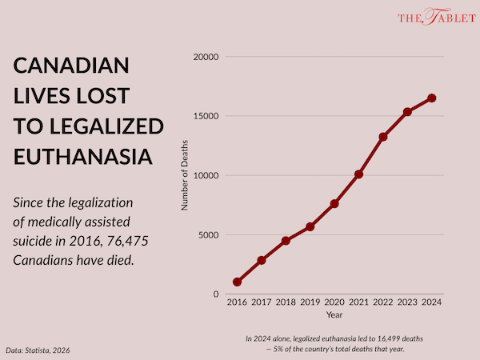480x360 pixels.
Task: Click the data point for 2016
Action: (237, 282)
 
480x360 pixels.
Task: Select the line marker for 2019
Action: (310, 226)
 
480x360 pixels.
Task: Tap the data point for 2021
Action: (358, 174)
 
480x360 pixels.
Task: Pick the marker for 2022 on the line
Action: (383, 137)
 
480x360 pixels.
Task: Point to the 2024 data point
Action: (432, 98)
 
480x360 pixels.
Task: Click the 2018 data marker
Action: (286, 241)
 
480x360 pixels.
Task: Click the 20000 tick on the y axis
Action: (206, 57)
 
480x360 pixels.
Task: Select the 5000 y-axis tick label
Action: (209, 235)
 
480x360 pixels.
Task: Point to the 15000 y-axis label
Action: (206, 116)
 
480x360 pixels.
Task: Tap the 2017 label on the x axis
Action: (261, 302)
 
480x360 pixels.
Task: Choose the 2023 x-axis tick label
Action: (407, 302)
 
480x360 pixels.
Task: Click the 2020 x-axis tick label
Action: (334, 302)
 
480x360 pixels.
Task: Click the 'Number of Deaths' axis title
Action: (184, 176)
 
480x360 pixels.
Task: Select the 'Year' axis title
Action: (334, 314)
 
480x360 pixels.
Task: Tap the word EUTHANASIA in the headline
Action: (83, 154)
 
